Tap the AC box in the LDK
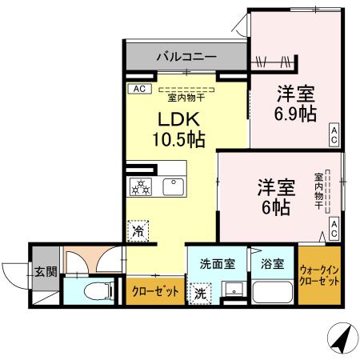(x=138, y=89)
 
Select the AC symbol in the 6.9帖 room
(x=334, y=134)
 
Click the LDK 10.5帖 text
(x=178, y=130)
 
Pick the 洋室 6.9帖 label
(x=294, y=103)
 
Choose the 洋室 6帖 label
(x=276, y=197)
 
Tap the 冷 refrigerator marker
(x=138, y=230)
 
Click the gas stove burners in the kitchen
(x=141, y=187)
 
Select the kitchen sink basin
(x=173, y=187)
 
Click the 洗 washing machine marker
(x=200, y=294)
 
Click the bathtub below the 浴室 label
(x=272, y=291)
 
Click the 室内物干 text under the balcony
(x=185, y=98)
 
